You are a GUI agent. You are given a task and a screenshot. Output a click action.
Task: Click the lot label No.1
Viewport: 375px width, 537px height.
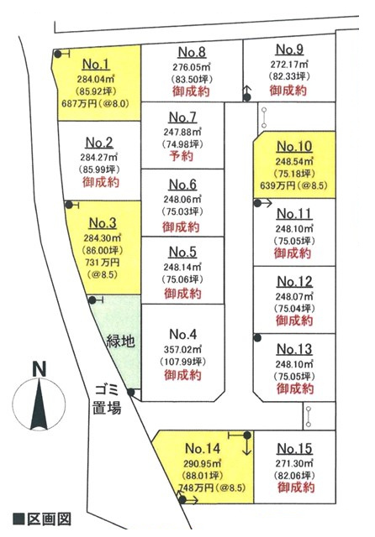(x=96, y=64)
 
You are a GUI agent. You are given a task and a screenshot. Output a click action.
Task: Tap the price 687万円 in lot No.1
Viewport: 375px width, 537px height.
(x=79, y=103)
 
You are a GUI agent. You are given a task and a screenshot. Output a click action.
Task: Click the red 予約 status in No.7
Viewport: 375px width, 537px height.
(x=182, y=156)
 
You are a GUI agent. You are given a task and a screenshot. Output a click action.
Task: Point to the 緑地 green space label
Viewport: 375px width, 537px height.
(x=120, y=341)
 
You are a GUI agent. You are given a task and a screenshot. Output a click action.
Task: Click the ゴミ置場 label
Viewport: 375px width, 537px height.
(x=107, y=399)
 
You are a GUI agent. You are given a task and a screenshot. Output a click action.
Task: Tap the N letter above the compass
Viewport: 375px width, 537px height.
(x=40, y=369)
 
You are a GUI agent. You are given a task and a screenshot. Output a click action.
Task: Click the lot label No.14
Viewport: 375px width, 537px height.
(x=203, y=448)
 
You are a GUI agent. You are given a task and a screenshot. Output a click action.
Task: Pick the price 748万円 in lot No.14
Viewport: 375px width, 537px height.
(x=196, y=487)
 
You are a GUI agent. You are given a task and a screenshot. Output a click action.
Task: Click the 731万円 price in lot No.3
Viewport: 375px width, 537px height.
(x=103, y=263)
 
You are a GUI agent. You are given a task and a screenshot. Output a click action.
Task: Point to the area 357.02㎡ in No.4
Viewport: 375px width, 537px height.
(x=182, y=350)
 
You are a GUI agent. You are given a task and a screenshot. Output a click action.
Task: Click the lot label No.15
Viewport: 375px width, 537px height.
(x=294, y=448)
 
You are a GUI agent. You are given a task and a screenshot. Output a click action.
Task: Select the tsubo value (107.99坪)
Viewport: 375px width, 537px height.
(x=182, y=362)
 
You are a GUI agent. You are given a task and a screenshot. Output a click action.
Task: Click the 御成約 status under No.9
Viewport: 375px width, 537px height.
(x=288, y=91)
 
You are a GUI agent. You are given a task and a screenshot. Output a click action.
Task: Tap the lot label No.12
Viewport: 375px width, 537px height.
(x=294, y=282)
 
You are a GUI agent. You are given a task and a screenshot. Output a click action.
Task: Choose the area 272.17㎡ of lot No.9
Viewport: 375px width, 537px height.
(x=289, y=64)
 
